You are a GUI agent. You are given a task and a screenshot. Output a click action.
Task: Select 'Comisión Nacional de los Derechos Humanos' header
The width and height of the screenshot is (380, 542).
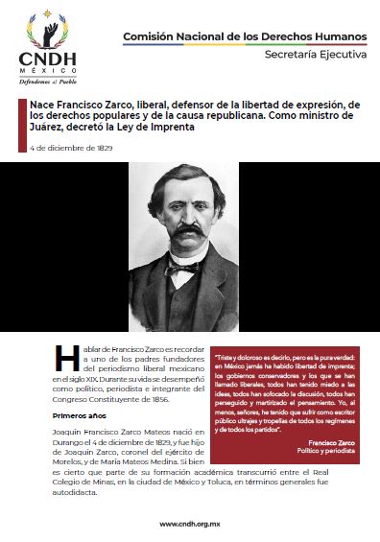tap(244, 35)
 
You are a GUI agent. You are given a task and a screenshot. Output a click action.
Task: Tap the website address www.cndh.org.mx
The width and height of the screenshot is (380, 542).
tap(190, 524)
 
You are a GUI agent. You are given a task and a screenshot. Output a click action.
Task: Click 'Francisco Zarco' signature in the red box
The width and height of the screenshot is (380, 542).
tap(335, 442)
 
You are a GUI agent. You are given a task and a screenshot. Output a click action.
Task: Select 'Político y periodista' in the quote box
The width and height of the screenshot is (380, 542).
tap(330, 452)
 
